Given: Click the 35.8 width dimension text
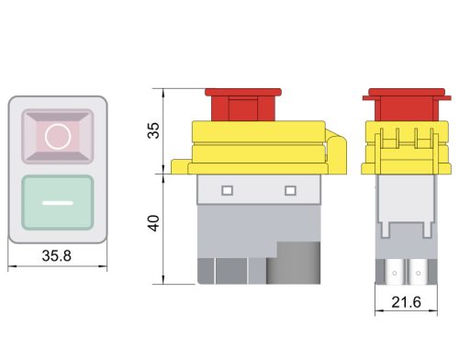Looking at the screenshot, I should [x=58, y=257].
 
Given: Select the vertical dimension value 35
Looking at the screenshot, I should [x=153, y=130].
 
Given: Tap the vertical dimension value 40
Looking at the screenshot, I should [x=153, y=222].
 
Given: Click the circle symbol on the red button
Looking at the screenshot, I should [x=58, y=136].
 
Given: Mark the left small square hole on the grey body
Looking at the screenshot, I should [x=227, y=190].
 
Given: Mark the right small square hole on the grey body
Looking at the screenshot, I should [x=291, y=190].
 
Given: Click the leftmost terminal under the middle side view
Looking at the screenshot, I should [x=205, y=271].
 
